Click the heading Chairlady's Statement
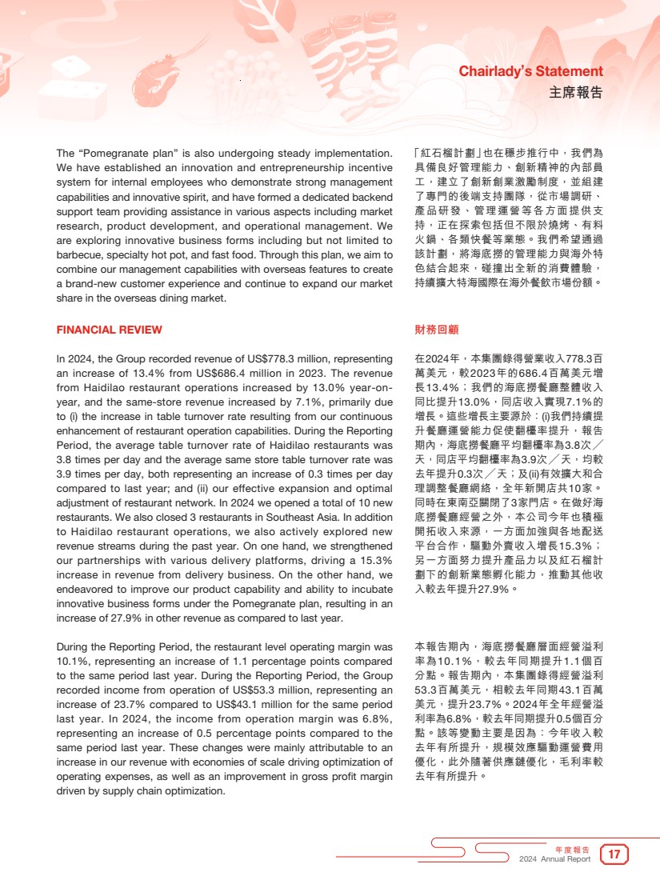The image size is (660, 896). click(x=530, y=72)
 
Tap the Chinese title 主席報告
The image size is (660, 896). click(x=576, y=92)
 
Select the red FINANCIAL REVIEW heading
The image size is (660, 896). click(x=109, y=330)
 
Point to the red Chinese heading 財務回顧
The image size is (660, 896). click(x=437, y=330)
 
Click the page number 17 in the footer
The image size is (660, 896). click(x=614, y=854)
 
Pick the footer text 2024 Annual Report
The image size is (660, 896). click(x=555, y=859)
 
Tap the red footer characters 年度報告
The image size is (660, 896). click(x=573, y=849)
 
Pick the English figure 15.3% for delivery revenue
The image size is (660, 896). click(x=373, y=560)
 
